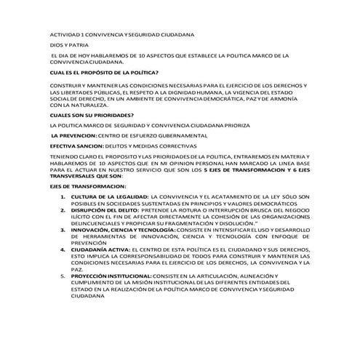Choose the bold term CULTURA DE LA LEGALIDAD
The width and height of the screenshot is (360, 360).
tap(109, 196)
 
